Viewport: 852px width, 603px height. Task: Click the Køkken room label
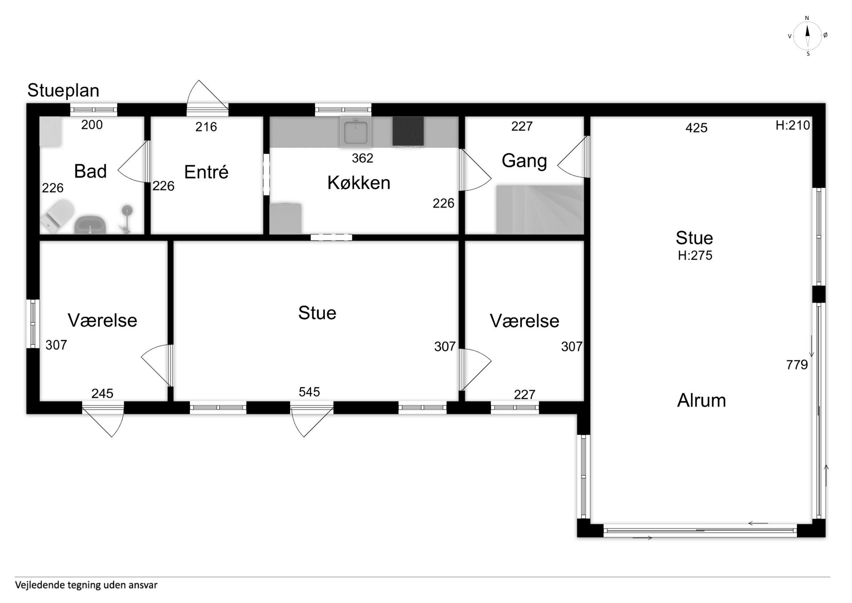pyautogui.click(x=359, y=183)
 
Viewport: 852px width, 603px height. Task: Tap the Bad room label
pyautogui.click(x=91, y=171)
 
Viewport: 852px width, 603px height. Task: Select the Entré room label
pyautogui.click(x=206, y=172)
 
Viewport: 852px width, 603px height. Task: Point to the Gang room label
pyautogui.click(x=524, y=161)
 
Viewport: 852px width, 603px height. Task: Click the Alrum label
pyautogui.click(x=702, y=401)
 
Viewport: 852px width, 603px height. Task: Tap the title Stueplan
pyautogui.click(x=63, y=91)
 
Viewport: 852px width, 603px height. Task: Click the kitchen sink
pyautogui.click(x=355, y=131)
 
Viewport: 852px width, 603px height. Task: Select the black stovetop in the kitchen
pyautogui.click(x=408, y=131)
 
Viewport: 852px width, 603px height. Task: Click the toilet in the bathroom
pyautogui.click(x=58, y=216)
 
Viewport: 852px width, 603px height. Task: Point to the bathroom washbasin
pyautogui.click(x=90, y=225)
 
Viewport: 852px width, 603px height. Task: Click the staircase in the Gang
pyautogui.click(x=540, y=210)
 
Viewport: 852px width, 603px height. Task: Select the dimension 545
pyautogui.click(x=309, y=392)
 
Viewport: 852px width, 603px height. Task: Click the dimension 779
pyautogui.click(x=797, y=365)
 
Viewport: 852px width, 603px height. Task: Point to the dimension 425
pyautogui.click(x=696, y=128)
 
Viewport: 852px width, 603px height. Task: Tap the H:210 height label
pyautogui.click(x=793, y=126)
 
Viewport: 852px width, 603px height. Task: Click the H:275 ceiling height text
pyautogui.click(x=695, y=255)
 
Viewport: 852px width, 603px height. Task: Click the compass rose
pyautogui.click(x=808, y=36)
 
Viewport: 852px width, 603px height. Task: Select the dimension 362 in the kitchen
pyautogui.click(x=363, y=158)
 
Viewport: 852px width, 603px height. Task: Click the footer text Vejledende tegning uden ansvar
pyautogui.click(x=86, y=585)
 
